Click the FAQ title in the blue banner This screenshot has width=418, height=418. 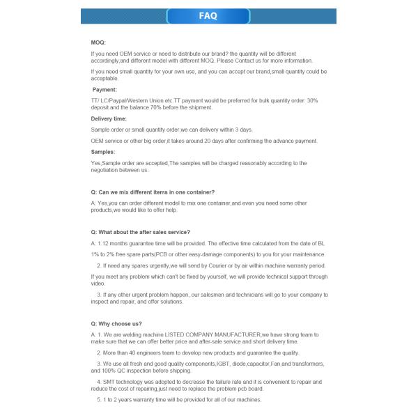[x=208, y=16]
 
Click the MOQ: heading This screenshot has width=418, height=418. [x=98, y=42]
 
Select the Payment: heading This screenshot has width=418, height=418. [x=105, y=89]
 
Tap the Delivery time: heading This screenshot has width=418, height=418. [x=109, y=118]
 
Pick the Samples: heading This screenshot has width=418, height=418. [x=103, y=151]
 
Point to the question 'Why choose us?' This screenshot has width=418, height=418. [x=116, y=324]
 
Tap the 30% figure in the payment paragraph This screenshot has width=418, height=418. [x=312, y=100]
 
